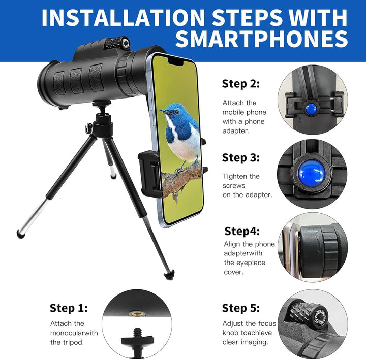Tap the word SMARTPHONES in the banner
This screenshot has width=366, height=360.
coord(262,39)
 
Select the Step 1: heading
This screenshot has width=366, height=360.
coord(69,308)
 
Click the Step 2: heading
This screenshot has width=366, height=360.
coord(241,83)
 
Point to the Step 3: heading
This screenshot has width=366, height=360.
coord(241,157)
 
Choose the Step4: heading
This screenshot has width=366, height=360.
coord(242,231)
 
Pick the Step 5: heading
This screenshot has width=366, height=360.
coord(241,308)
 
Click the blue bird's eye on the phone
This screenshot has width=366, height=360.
coord(177,112)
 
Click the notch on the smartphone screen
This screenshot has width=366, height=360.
coord(175,61)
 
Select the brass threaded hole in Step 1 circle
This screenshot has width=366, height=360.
coord(137,314)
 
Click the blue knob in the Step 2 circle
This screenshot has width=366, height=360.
coord(312,108)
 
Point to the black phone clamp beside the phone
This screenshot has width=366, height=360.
coord(150,174)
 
